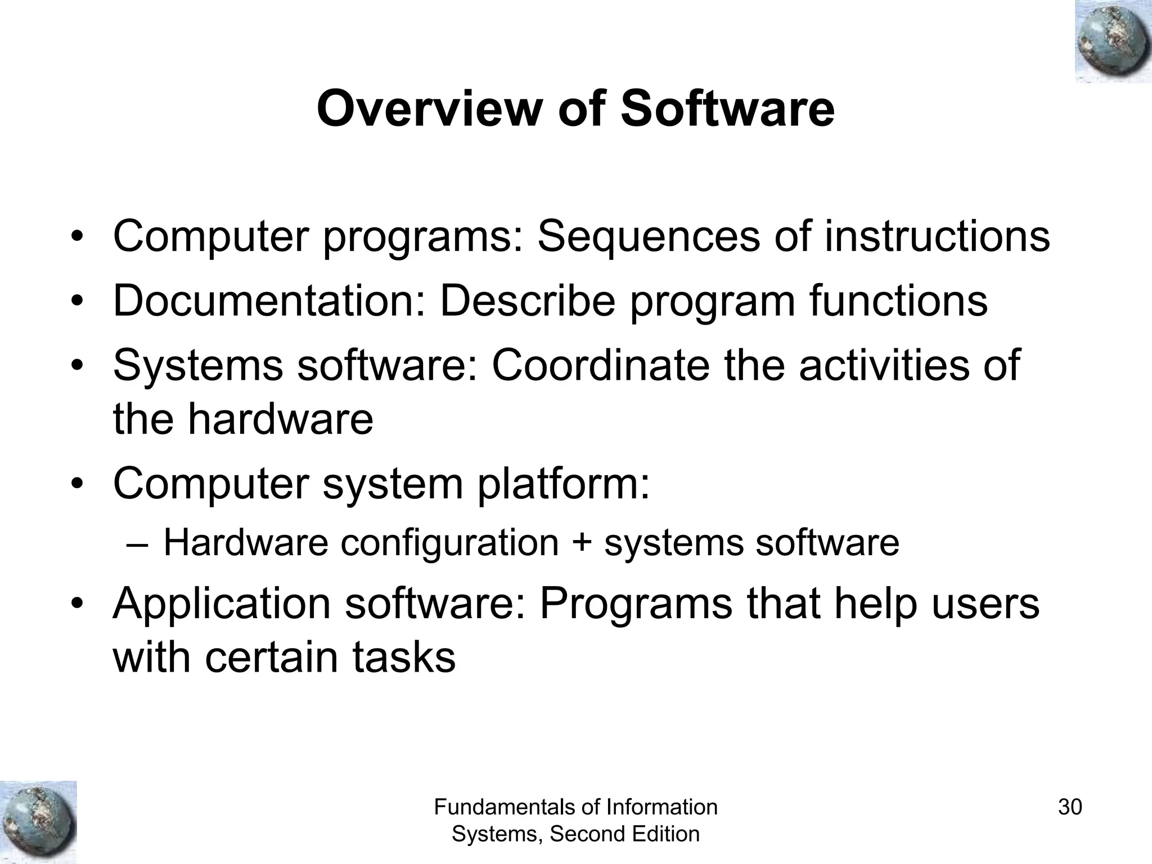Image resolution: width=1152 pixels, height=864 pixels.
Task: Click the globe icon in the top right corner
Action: [x=1113, y=41]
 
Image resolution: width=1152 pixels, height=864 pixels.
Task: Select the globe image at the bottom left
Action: [x=38, y=822]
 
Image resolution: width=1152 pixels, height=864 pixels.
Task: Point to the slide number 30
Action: [x=1070, y=807]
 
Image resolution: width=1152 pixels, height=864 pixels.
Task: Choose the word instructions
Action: [x=937, y=237]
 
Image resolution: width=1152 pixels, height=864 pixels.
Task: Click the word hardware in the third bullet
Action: [x=280, y=419]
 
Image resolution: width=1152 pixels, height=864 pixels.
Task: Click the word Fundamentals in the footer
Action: [x=510, y=807]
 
